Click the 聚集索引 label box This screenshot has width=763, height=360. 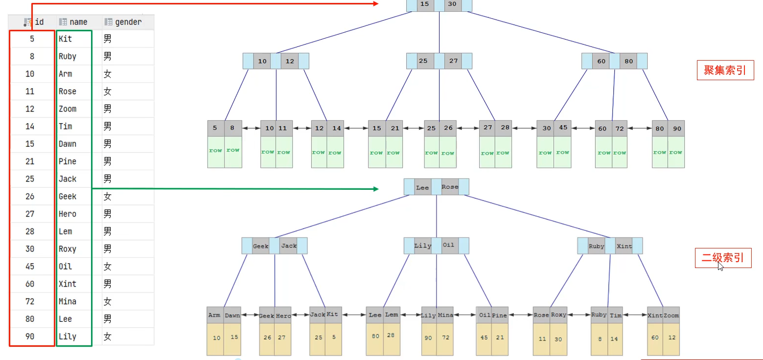click(725, 70)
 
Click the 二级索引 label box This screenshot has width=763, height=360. click(723, 258)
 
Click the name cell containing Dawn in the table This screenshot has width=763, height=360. click(68, 144)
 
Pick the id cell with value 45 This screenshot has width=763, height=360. click(30, 267)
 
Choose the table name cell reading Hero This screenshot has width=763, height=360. click(68, 214)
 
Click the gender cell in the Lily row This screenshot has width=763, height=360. click(107, 337)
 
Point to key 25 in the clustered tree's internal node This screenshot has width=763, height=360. click(423, 61)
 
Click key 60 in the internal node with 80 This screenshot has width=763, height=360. click(601, 61)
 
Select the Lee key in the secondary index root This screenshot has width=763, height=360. click(422, 187)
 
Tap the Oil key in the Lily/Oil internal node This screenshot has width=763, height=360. click(448, 245)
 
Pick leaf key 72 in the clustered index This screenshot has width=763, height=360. click(619, 129)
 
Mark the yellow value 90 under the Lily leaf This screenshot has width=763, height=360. click(428, 338)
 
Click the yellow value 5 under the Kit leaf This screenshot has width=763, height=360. click(334, 337)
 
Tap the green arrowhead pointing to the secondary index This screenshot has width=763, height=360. click(376, 189)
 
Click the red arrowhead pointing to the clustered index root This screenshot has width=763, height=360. click(376, 4)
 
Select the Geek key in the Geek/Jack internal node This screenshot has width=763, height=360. click(260, 246)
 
